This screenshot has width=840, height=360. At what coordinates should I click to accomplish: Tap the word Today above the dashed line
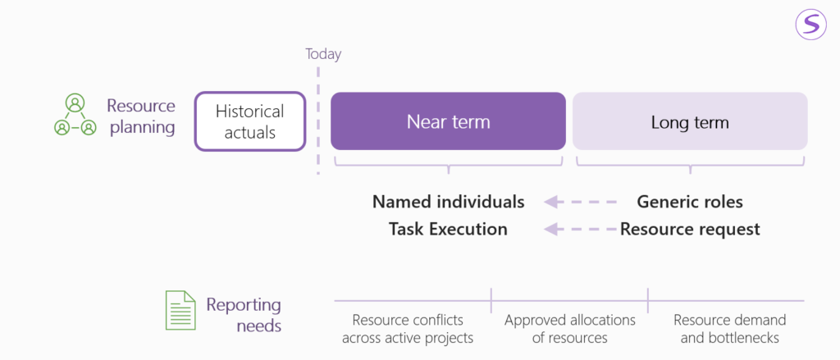(323, 54)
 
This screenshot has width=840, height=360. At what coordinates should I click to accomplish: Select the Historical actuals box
(250, 121)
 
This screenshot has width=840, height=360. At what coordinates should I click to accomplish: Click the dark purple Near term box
(449, 121)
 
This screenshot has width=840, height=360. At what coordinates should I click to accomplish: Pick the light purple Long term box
(690, 121)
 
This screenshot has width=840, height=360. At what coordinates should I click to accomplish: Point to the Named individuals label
(449, 202)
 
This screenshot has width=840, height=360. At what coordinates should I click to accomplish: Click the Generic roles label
(690, 202)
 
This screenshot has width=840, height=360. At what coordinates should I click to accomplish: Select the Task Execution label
(448, 230)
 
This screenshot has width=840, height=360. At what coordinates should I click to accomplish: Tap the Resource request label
(690, 230)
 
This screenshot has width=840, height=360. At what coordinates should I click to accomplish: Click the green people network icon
(75, 115)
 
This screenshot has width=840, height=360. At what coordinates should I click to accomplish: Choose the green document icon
(180, 310)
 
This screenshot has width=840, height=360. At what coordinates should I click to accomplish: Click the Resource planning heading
(141, 116)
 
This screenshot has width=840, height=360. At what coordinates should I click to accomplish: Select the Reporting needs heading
(244, 315)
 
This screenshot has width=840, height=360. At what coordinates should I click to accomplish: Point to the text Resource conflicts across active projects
(409, 329)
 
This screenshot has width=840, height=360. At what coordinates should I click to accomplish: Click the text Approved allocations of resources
(570, 329)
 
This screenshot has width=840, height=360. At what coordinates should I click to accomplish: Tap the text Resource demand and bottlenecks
(729, 329)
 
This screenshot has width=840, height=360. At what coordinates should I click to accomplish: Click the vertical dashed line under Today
(318, 120)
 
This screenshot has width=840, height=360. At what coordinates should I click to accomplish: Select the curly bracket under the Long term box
(690, 163)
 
